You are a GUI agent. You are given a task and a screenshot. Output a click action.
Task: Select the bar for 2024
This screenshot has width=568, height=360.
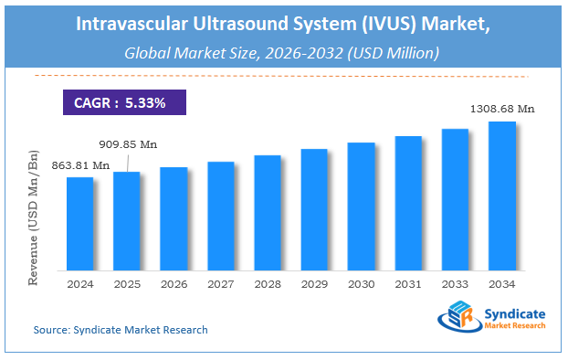pyautogui.click(x=80, y=223)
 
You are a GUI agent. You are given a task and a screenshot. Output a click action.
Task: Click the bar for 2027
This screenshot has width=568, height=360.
pyautogui.click(x=220, y=216)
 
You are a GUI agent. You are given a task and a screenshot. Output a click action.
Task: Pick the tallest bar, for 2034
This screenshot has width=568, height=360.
pyautogui.click(x=501, y=196)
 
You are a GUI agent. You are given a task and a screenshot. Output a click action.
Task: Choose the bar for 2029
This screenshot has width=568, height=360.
pyautogui.click(x=314, y=209)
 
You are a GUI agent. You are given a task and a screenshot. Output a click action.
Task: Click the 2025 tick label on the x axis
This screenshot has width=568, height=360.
pyautogui.click(x=127, y=284)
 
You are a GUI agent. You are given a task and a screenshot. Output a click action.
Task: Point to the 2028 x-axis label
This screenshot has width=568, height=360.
pyautogui.click(x=268, y=284)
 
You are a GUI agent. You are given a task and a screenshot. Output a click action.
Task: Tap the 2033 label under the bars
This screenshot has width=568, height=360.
pyautogui.click(x=455, y=284)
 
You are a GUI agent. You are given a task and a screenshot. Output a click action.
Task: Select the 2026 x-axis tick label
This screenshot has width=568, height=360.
pyautogui.click(x=174, y=284)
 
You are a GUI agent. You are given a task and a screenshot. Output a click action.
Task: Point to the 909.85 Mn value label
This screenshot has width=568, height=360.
pyautogui.click(x=128, y=143)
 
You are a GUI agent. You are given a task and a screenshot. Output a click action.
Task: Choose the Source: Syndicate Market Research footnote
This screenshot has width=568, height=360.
pyautogui.click(x=121, y=329)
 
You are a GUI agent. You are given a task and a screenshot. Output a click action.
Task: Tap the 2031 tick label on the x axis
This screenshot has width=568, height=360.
pyautogui.click(x=408, y=284)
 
